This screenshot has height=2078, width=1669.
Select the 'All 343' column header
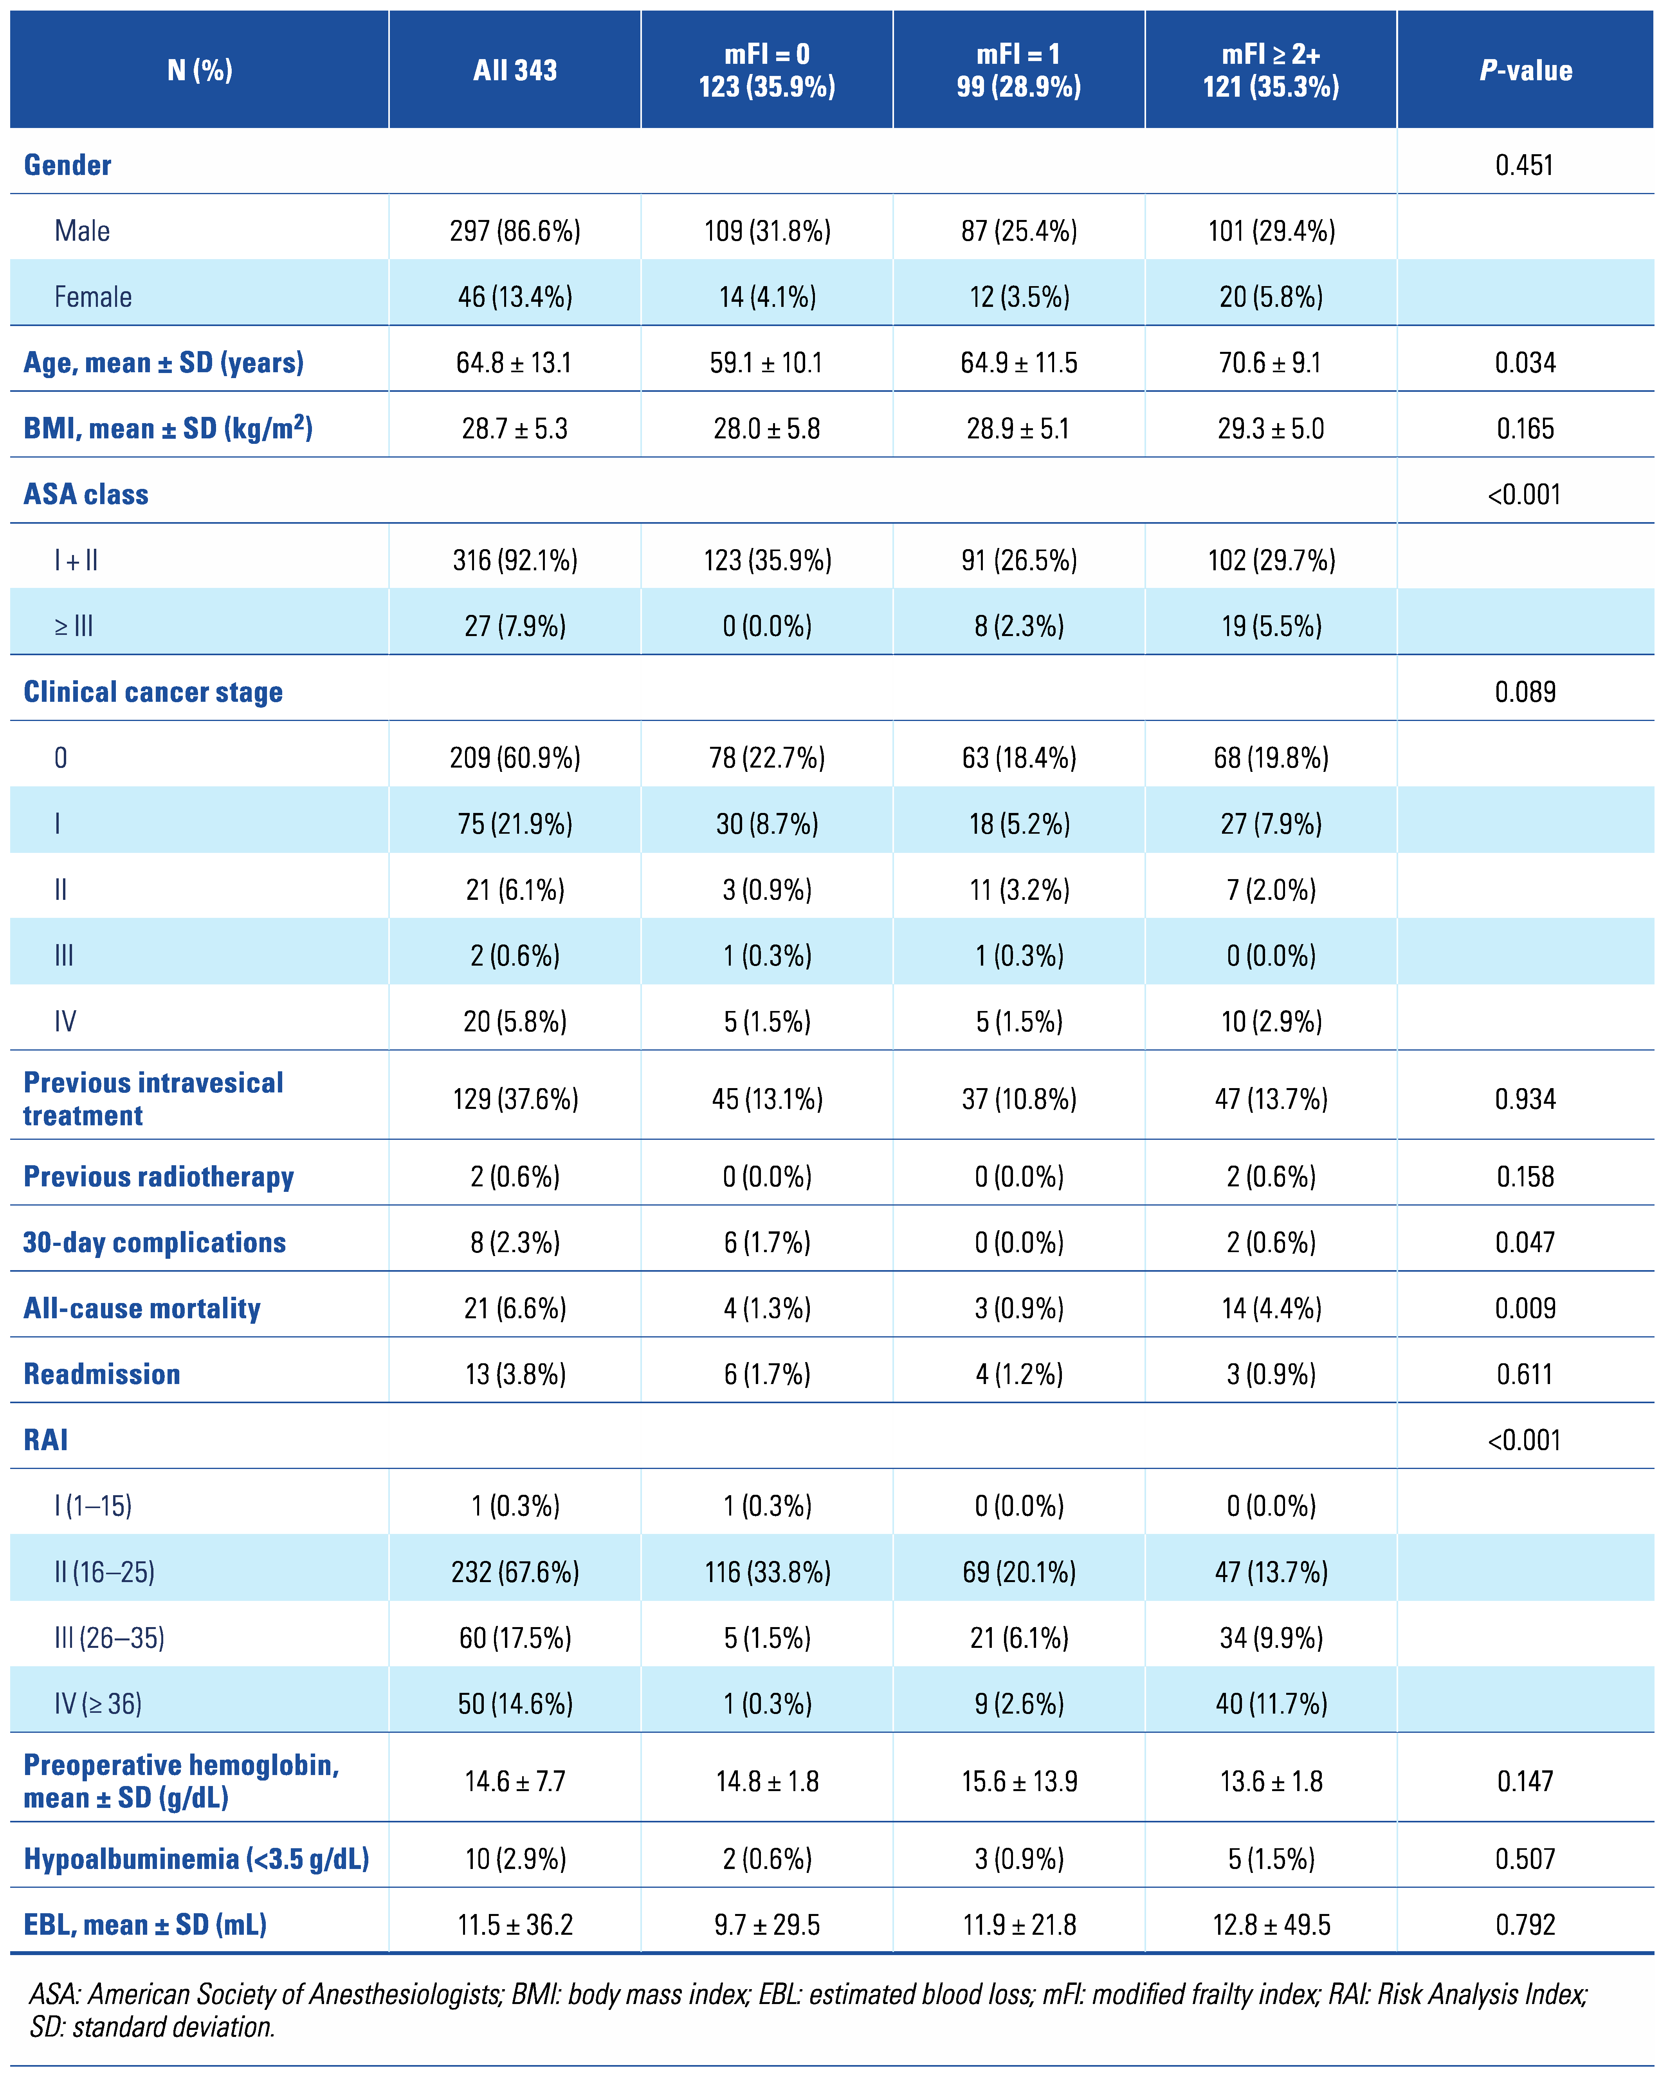coord(515,70)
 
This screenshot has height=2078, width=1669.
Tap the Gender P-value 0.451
coord(1525,165)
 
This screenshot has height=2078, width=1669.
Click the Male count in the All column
coord(515,231)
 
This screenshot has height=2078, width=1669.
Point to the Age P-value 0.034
coord(1525,363)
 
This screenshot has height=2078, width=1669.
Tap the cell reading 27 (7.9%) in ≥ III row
coord(515,627)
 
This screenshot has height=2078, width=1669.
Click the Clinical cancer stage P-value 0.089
coord(1525,692)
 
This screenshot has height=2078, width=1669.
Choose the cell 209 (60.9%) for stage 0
coord(515,759)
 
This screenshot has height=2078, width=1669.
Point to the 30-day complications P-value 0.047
coord(1525,1242)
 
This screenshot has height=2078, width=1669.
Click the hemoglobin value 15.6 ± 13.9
coord(1018,1781)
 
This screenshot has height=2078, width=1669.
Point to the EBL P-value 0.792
coord(1525,1925)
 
